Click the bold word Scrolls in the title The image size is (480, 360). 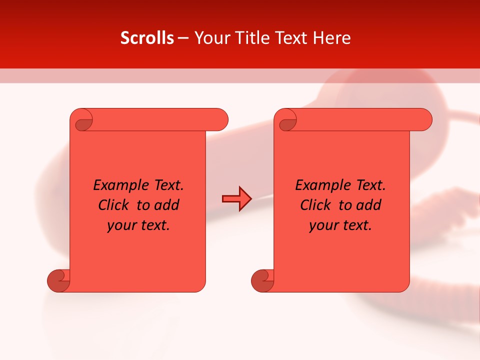(147, 38)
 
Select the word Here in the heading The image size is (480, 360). (331, 38)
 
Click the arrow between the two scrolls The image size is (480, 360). (236, 199)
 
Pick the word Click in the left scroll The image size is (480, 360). (114, 205)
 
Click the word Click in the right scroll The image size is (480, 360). (316, 205)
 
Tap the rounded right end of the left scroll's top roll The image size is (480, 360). (220, 120)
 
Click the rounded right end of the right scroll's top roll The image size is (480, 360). (424, 120)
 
